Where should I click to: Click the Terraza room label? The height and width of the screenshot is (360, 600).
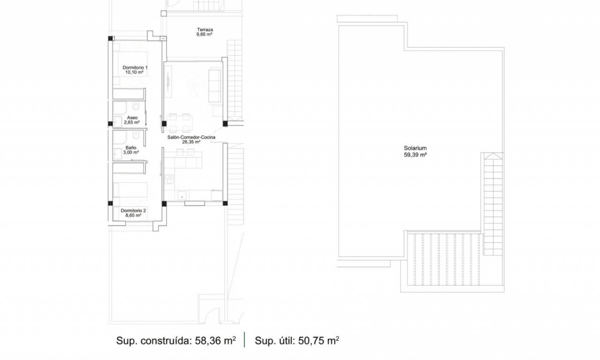205,30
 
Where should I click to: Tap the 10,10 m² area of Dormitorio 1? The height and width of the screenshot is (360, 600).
134,72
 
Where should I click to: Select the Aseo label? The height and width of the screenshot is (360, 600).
132,118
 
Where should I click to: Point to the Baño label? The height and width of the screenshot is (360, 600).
131,148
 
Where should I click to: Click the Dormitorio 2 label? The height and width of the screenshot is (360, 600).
133,210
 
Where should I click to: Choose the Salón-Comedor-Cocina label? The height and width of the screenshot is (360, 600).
191,137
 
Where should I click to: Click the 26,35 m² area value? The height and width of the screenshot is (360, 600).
191,142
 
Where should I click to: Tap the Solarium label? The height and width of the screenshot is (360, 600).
415,148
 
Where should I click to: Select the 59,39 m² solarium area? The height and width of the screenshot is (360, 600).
415,155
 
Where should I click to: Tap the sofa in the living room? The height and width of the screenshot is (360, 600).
215,86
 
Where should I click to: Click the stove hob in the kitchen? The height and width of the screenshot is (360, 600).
169,179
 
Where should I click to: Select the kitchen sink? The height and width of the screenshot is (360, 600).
182,196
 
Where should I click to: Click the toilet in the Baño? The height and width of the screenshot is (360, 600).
136,136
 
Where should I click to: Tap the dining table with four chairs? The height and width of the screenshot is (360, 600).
180,123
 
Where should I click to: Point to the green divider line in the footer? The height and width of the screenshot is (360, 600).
245,340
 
